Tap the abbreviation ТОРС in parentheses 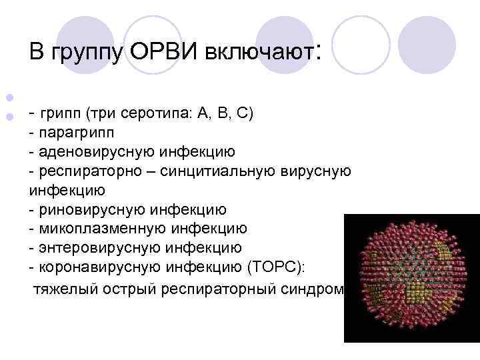pyautogui.click(x=275, y=267)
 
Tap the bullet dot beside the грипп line pyautogui.click(x=9, y=115)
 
